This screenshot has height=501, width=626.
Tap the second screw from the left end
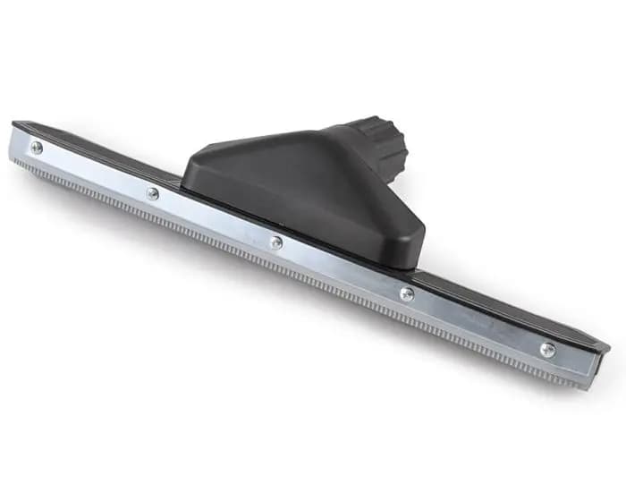click(x=153, y=192)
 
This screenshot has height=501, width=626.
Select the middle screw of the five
click(x=276, y=242)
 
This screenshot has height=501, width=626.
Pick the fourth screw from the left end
click(x=407, y=293)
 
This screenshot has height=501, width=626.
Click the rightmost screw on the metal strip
click(x=547, y=350)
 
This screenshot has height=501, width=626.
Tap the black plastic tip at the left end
click(x=20, y=125)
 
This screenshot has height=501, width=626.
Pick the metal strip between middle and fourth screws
click(x=342, y=268)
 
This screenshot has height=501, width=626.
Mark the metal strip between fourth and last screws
click(x=477, y=323)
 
